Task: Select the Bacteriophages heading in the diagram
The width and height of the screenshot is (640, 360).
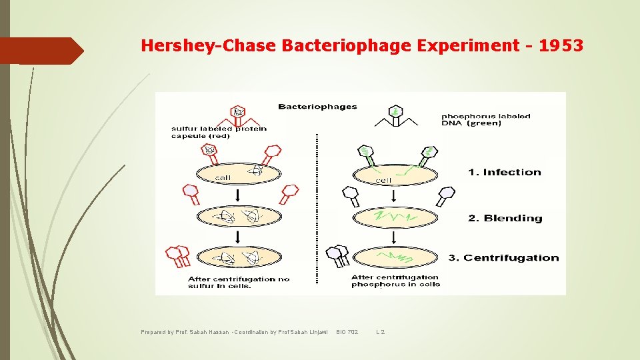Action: (x=317, y=107)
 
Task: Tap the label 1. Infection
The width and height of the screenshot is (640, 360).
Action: (x=504, y=173)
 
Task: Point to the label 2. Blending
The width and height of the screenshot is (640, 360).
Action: (x=505, y=219)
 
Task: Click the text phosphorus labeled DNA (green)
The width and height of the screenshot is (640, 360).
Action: (x=486, y=119)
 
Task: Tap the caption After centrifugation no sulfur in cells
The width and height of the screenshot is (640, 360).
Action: (x=239, y=282)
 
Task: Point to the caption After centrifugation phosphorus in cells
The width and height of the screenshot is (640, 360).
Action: (x=395, y=281)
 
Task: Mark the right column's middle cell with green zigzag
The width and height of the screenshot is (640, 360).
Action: (x=395, y=217)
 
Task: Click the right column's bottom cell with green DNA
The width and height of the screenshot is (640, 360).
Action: (x=395, y=256)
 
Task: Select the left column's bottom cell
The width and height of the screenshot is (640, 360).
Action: (x=238, y=257)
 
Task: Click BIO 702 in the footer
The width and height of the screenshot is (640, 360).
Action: (x=347, y=332)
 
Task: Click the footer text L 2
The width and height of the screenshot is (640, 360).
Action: (x=381, y=332)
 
